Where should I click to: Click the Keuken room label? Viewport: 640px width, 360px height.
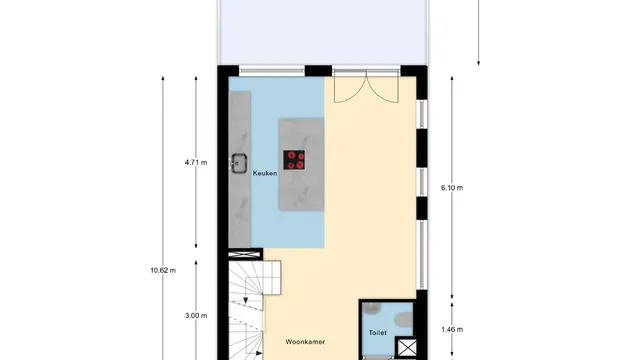click(x=264, y=173)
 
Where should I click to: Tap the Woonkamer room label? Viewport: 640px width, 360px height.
click(x=305, y=340)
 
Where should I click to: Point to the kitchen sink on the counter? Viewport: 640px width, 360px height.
click(x=240, y=161)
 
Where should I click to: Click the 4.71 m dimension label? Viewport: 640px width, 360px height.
click(x=196, y=161)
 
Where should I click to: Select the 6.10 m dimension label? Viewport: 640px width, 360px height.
click(x=452, y=188)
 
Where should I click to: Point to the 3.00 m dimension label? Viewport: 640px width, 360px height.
click(x=196, y=316)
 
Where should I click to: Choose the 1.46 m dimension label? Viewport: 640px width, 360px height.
click(x=452, y=327)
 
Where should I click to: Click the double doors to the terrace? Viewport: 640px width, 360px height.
click(x=355, y=89)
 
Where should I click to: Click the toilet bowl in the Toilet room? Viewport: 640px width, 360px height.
click(x=403, y=319)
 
